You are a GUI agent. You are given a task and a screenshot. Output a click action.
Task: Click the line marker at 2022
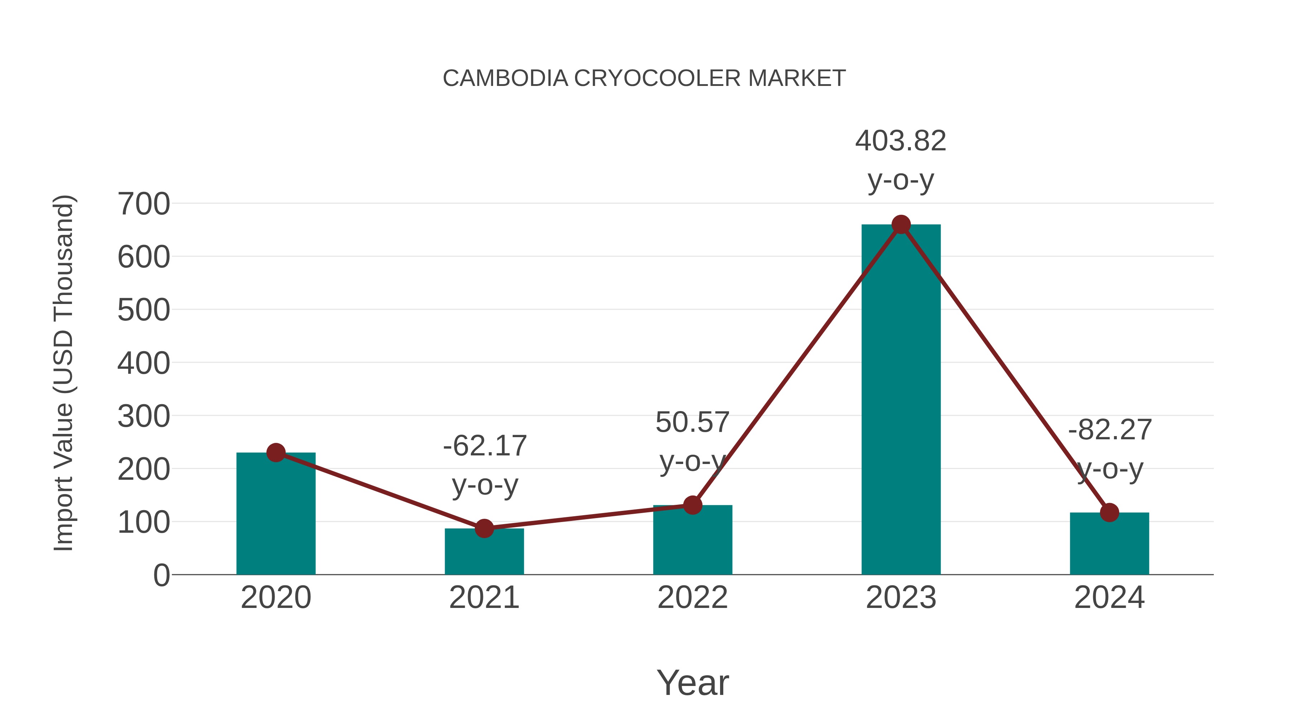[x=692, y=505]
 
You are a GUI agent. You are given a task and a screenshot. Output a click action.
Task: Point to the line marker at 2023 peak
[x=901, y=224]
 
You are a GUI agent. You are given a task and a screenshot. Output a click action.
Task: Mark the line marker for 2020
[x=276, y=453]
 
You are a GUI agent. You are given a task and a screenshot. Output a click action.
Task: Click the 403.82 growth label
[x=901, y=141]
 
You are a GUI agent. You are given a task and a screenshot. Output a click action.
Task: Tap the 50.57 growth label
[x=692, y=422]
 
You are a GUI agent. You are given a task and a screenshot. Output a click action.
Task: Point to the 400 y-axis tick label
[x=144, y=363]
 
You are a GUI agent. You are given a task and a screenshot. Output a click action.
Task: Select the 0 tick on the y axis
[x=161, y=575]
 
